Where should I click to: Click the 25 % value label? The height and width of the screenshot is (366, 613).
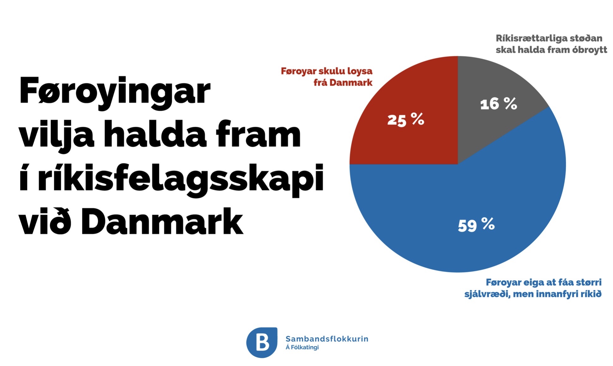[x=406, y=120]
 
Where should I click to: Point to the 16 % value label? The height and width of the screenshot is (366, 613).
[x=499, y=104]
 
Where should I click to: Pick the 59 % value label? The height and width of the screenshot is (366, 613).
[x=476, y=225]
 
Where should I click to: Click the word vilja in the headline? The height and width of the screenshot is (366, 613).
[x=57, y=135]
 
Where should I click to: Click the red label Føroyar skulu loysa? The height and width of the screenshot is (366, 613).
[x=327, y=71]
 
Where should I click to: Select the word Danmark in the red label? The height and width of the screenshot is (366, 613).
[x=351, y=82]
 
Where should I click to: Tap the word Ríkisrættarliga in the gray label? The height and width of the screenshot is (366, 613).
[x=533, y=39]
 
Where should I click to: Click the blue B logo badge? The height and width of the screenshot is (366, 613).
[x=262, y=343]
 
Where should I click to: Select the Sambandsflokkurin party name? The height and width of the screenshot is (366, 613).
[x=327, y=339]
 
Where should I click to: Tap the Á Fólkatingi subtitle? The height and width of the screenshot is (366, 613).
[x=302, y=347]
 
